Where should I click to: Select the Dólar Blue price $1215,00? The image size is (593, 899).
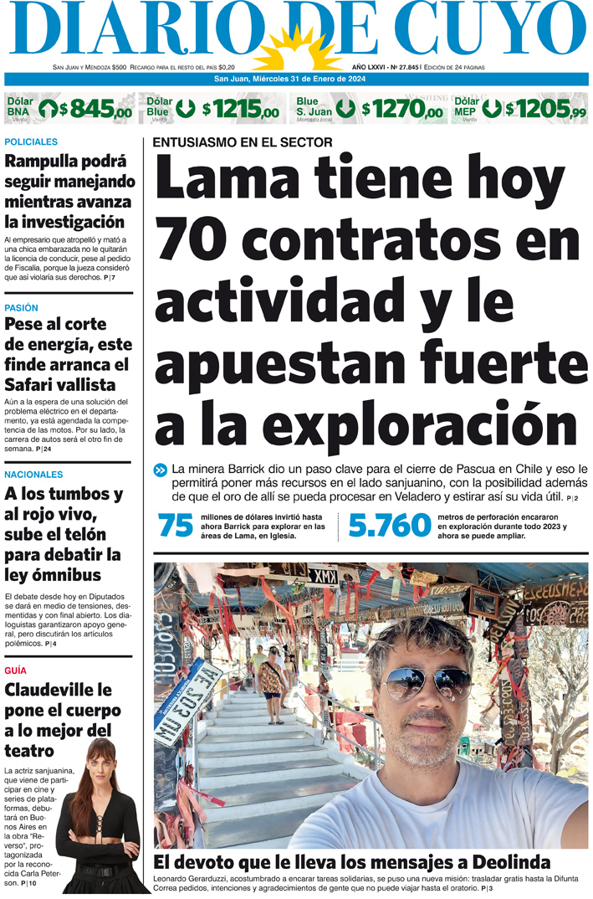[x=244, y=110]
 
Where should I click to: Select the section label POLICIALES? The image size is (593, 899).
[x=31, y=142]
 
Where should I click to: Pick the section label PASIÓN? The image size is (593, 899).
[x=22, y=308]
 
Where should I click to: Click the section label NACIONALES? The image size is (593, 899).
[x=33, y=475]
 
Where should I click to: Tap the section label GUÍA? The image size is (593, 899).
[x=15, y=671]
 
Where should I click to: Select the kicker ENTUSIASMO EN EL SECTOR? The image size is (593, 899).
[x=243, y=142]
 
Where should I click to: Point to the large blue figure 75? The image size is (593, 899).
[x=176, y=526]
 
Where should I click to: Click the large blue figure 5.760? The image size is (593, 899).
[x=389, y=526]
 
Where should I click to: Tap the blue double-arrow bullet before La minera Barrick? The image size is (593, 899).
[x=161, y=470]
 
